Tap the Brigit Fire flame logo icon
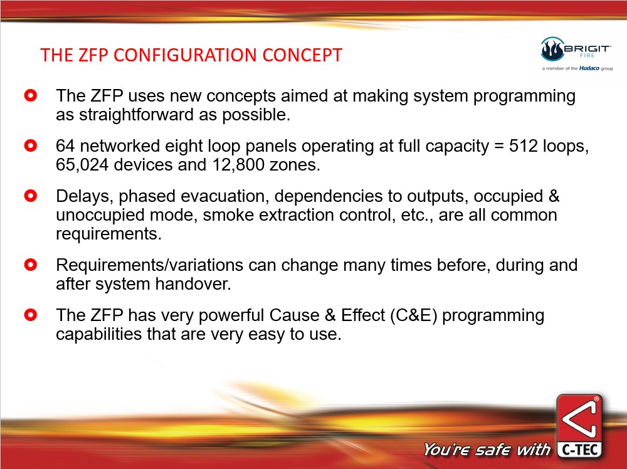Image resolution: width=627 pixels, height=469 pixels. (x=552, y=49)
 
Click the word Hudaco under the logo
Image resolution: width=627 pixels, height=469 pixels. (x=589, y=68)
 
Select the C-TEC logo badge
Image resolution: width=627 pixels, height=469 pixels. (x=579, y=426)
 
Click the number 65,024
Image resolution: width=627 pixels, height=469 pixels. (x=82, y=165)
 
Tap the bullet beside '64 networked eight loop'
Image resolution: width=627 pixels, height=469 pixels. (x=30, y=145)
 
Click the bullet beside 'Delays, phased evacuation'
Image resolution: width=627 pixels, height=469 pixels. (x=30, y=196)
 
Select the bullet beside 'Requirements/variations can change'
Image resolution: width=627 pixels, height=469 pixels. (x=30, y=265)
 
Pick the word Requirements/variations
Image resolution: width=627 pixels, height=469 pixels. (x=150, y=265)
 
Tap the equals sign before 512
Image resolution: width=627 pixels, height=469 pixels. (x=498, y=146)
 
